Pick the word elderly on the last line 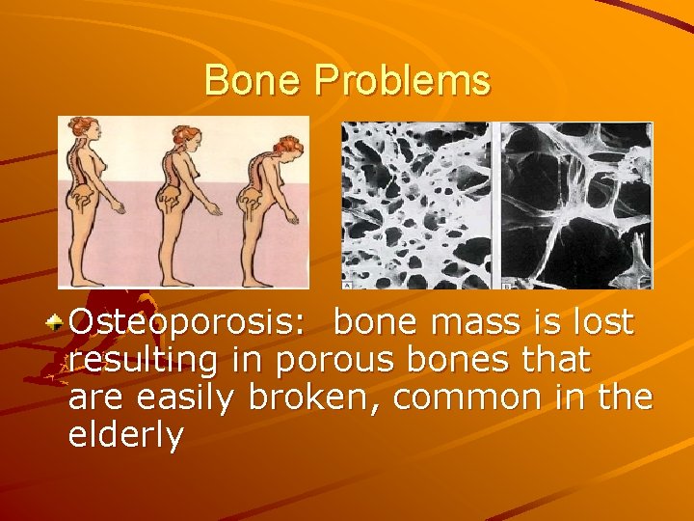(125, 435)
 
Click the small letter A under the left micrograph (347, 285)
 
